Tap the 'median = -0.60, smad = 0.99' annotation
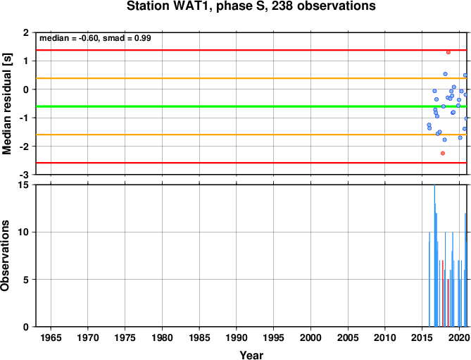tap(95, 38)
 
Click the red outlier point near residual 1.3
tap(448, 52)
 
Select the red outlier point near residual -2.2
tap(442, 154)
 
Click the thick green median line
tap(251, 106)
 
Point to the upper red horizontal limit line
tap(251, 50)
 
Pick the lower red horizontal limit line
tap(251, 163)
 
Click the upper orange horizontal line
tap(251, 78)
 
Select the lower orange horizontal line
tap(251, 135)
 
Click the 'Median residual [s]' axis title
tap(7, 104)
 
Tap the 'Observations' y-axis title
tap(5, 256)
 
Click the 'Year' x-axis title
tap(251, 355)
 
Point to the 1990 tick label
tap(237, 337)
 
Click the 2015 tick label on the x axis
tap(422, 337)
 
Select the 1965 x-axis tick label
tap(51, 337)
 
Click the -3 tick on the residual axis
tap(25, 175)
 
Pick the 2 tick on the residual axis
tap(26, 32)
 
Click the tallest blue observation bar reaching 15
tap(434, 256)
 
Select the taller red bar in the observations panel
tap(442, 293)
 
